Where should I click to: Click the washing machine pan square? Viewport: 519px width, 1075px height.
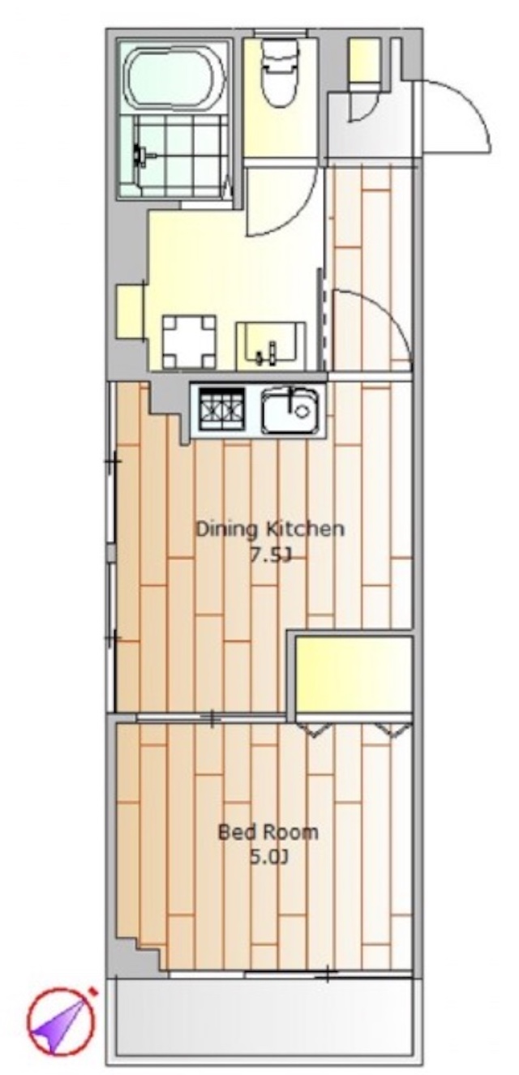pos(188,341)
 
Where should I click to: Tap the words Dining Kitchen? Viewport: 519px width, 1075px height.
pos(270,529)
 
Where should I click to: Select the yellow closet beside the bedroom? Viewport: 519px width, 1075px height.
pos(354,674)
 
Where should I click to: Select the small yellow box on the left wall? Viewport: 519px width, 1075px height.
pos(129,311)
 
